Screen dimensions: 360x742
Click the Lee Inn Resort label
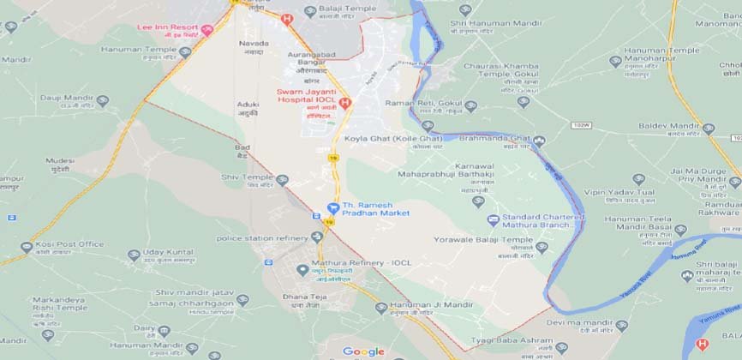point(167,27)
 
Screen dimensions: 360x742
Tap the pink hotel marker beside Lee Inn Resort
point(206,30)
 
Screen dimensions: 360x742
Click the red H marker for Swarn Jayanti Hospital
point(345,104)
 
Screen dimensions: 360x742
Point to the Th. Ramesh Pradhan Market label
point(376,208)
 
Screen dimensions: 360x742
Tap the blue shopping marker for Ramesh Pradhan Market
point(332,208)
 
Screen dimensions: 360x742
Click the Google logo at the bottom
point(363,351)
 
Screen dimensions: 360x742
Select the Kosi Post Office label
point(70,244)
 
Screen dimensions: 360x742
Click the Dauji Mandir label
point(65,99)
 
